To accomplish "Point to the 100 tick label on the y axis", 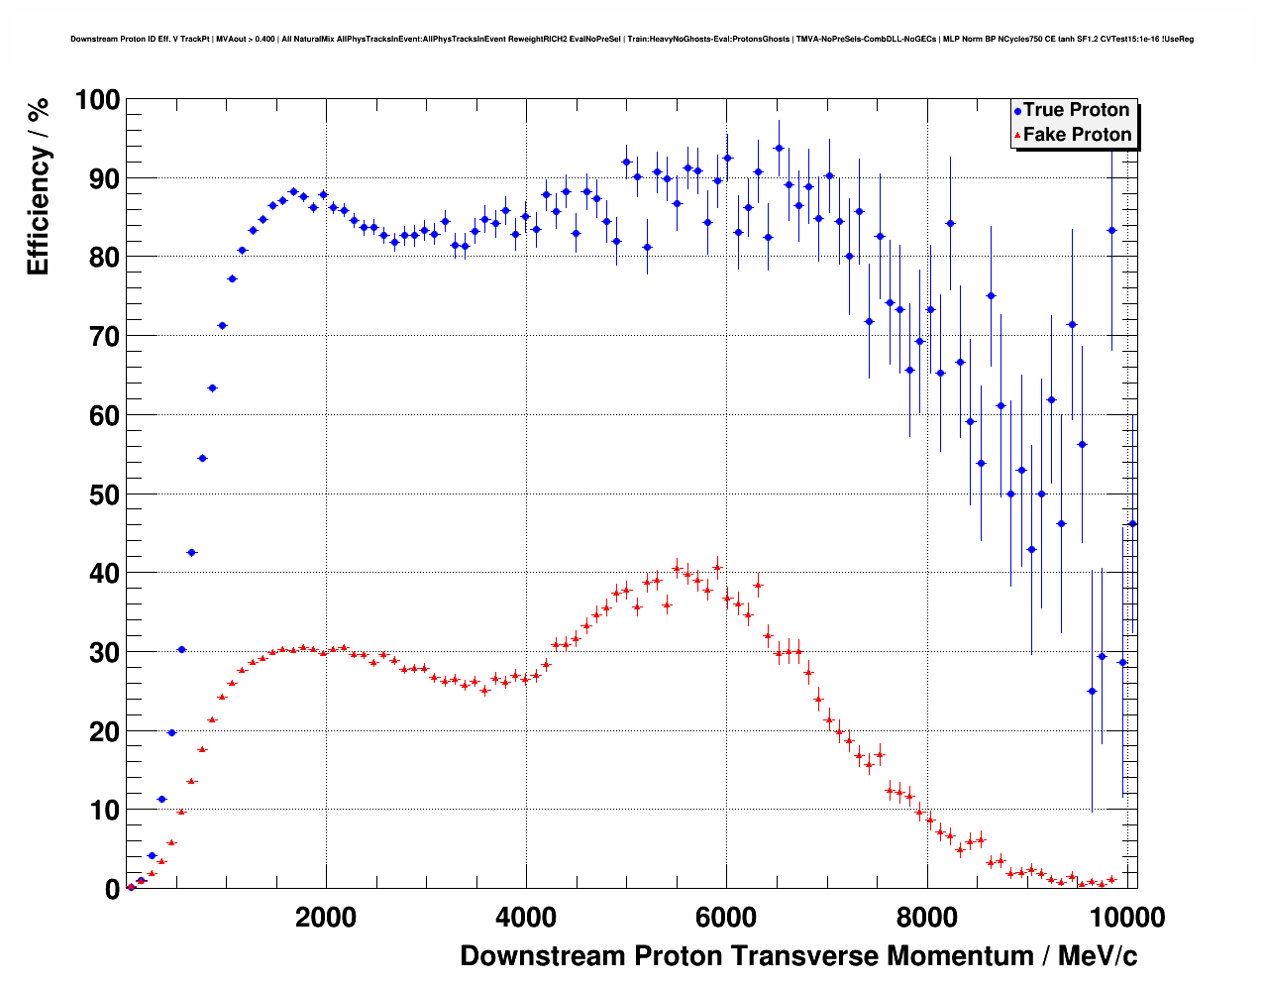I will (x=97, y=100).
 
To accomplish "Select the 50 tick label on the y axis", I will (x=104, y=494).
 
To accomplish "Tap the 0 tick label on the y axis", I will (x=112, y=890).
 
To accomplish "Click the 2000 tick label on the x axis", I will (x=326, y=918).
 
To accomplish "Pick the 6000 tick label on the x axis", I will (x=726, y=918).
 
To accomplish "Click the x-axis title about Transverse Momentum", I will (x=798, y=956).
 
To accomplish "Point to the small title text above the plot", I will (x=632, y=40).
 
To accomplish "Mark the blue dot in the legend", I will (x=1017, y=112).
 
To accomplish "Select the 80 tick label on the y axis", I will (x=104, y=258).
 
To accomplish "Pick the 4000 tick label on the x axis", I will (x=526, y=918).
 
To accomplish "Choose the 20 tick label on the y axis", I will (x=104, y=731).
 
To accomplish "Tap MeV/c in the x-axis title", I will (x=1098, y=956).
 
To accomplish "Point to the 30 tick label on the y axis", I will (x=104, y=652).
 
